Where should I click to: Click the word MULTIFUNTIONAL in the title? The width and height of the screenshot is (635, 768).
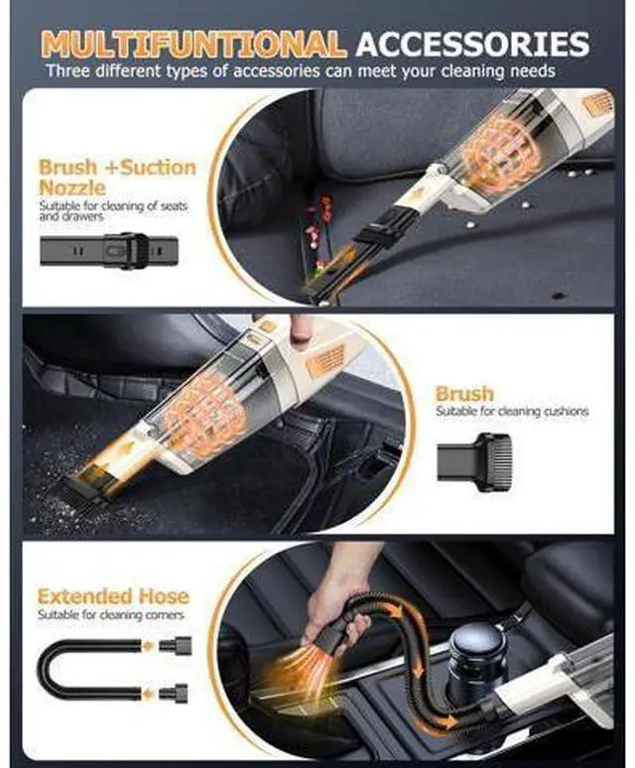pos(193,45)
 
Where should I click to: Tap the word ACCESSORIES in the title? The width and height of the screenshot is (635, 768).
pos(472,45)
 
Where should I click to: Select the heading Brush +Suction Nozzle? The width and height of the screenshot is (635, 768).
pos(117,177)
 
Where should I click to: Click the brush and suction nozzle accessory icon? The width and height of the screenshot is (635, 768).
pos(109,250)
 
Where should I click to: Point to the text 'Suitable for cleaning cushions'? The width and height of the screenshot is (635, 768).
pos(512,412)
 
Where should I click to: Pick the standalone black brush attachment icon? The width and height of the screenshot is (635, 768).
pos(474,457)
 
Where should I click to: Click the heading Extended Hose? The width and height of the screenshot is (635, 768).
pos(113,596)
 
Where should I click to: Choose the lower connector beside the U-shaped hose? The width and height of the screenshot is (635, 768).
pos(174,693)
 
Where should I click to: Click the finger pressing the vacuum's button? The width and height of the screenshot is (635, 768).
pos(299,329)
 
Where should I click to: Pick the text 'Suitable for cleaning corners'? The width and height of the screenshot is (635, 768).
pos(111,614)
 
